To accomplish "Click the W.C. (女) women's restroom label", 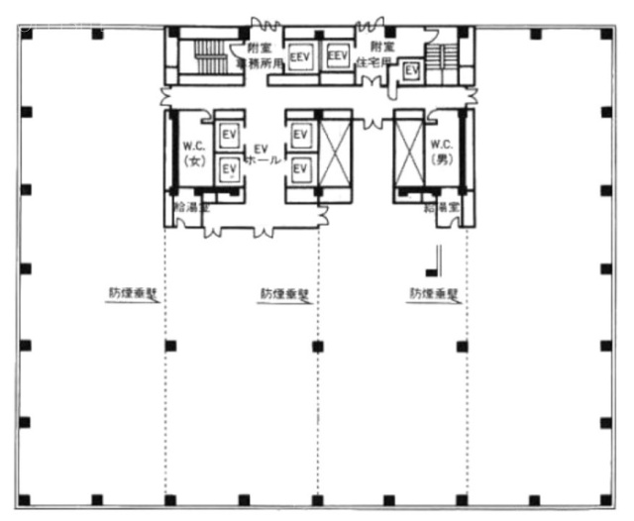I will coord(193,153).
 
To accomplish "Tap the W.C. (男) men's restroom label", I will coord(441,153).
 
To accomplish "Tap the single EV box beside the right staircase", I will coord(410,71).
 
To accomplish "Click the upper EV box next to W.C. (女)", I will coord(229,133).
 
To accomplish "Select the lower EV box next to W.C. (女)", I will coord(229,170).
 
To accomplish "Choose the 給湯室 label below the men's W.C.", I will coord(441,208).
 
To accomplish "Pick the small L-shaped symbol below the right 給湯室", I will coord(432,261).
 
